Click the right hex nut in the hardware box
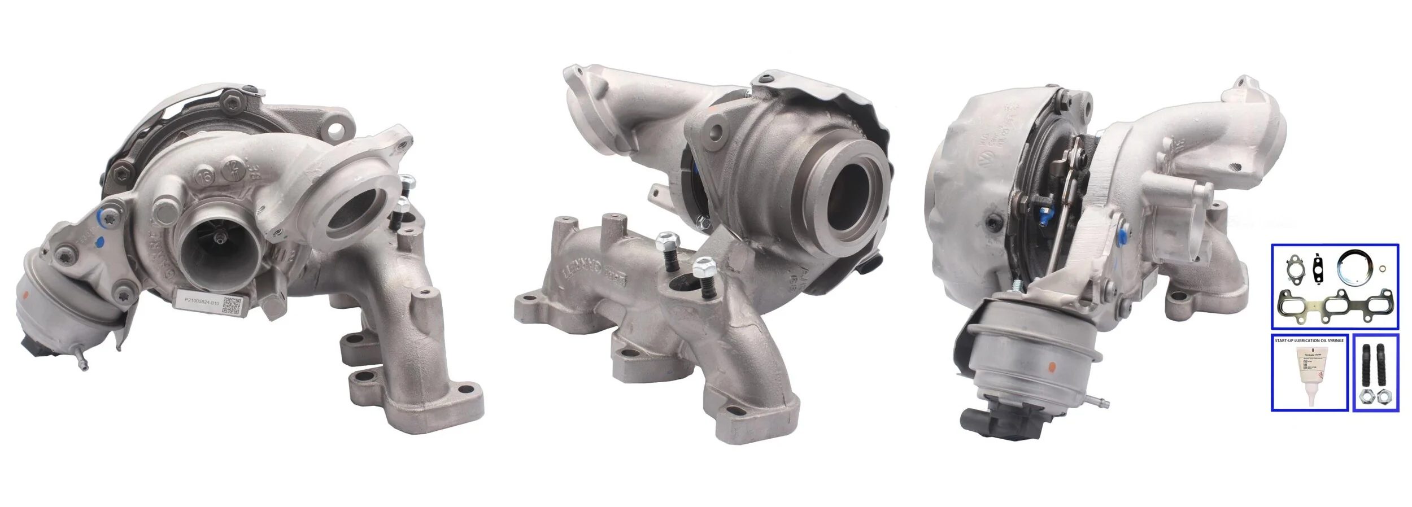pos(1385,397)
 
